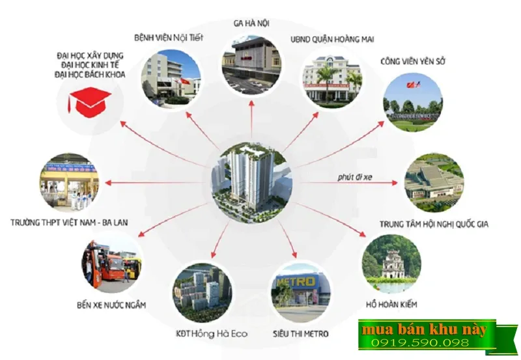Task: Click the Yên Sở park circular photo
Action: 413,104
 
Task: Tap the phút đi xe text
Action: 355,176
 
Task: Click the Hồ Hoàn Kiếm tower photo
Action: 391,264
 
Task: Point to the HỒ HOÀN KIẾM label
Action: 391,304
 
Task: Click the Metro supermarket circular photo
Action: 299,293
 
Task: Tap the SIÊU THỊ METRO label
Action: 300,334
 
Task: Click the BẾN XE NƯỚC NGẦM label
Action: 111,305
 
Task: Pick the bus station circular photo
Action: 111,264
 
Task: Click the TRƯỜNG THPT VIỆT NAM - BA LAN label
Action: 70,222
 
